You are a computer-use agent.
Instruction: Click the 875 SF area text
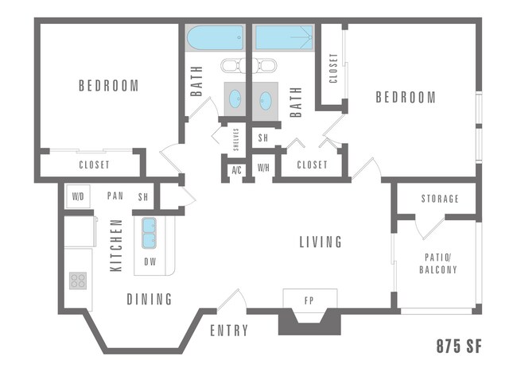click(x=459, y=347)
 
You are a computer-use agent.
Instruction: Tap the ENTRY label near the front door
click(x=229, y=331)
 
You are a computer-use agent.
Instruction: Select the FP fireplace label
click(x=309, y=301)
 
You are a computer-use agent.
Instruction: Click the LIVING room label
click(x=321, y=242)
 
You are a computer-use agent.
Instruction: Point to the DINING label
click(x=150, y=299)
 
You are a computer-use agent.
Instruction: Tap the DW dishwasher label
click(x=150, y=261)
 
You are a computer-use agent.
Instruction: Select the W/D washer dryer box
click(x=78, y=196)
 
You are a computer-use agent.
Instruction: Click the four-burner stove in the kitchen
click(x=78, y=280)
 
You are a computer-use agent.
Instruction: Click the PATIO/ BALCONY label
click(x=438, y=264)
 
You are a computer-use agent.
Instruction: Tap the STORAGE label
click(x=440, y=199)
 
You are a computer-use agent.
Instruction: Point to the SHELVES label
click(x=236, y=142)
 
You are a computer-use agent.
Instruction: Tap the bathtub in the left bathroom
click(x=215, y=38)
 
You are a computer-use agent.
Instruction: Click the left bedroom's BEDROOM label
click(x=108, y=85)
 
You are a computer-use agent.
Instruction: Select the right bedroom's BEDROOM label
click(x=406, y=97)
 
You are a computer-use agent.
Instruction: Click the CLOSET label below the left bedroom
click(x=94, y=165)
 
